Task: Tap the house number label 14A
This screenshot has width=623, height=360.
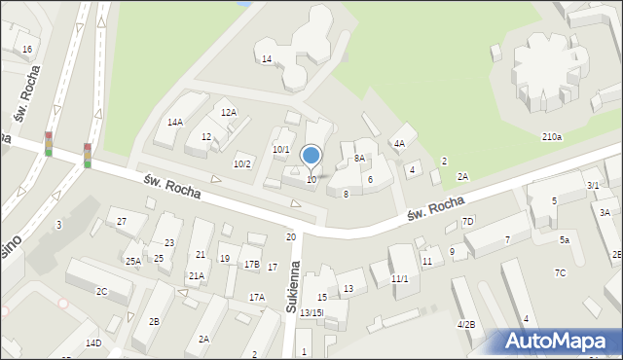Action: [x=175, y=123]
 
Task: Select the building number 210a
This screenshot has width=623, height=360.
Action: [x=552, y=137]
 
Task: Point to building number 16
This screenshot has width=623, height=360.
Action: [x=27, y=50]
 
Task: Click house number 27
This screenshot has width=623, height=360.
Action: [x=122, y=222]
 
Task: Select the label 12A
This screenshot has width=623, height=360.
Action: [x=229, y=113]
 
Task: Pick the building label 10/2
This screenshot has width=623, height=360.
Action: [x=241, y=163]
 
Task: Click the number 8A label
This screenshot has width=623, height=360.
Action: [x=359, y=158]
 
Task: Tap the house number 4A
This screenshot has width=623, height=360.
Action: [x=399, y=144]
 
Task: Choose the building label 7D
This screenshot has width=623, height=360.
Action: [x=467, y=222]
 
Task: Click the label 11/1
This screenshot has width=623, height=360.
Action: [x=400, y=279]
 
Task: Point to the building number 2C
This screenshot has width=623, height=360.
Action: [x=101, y=292]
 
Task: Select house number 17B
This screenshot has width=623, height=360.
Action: [x=251, y=265]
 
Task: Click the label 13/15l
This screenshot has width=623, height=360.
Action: [x=311, y=312]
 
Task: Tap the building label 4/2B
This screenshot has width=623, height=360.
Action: [x=466, y=324]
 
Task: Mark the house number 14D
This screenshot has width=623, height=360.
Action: [x=92, y=343]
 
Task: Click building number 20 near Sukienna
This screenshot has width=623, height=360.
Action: [x=290, y=237]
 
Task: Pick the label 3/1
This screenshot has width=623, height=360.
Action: [x=593, y=185]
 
